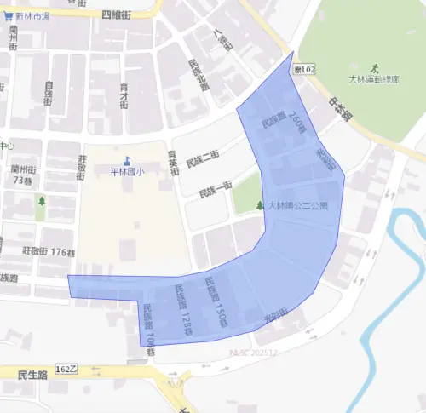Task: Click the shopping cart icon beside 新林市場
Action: coord(8,16)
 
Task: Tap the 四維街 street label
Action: coord(117,15)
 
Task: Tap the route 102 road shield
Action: coord(297,67)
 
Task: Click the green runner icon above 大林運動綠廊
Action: coord(374,67)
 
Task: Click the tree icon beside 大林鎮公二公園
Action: coord(260,205)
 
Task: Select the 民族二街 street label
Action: coord(204,154)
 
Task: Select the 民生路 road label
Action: coord(29,374)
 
